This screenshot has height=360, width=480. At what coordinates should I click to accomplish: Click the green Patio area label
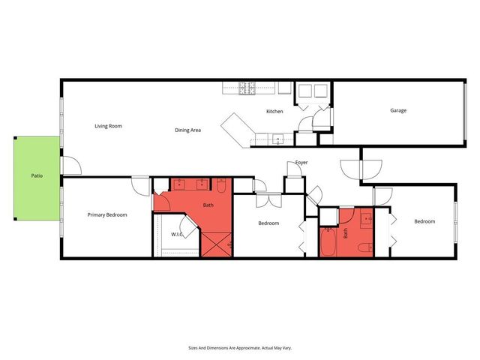36,176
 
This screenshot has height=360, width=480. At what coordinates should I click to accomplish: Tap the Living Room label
108,126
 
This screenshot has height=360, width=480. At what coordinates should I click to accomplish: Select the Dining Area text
187,130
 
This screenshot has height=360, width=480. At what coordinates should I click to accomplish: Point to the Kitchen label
274,112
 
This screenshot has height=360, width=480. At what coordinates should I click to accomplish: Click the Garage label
397,110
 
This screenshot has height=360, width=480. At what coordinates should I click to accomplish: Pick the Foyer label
301,162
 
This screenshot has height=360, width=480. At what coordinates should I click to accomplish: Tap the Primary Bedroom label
107,215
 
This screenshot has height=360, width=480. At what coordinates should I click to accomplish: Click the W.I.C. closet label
178,234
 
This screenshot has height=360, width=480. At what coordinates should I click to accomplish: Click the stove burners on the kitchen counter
248,88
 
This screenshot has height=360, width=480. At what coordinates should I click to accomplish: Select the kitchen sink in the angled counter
277,138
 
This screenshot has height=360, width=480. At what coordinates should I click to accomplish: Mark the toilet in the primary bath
221,185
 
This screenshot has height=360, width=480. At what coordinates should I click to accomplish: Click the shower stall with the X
216,244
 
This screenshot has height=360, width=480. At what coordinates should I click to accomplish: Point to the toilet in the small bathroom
364,246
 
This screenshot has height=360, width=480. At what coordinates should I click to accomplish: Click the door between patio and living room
67,166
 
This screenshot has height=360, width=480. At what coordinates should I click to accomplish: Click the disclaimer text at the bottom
239,347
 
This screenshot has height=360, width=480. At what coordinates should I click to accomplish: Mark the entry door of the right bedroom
382,195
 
